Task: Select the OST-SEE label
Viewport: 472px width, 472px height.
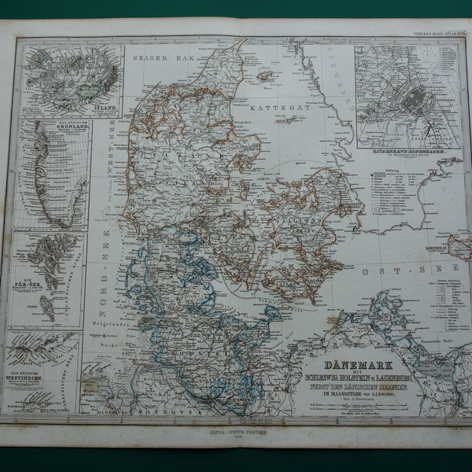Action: [x=386, y=270]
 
